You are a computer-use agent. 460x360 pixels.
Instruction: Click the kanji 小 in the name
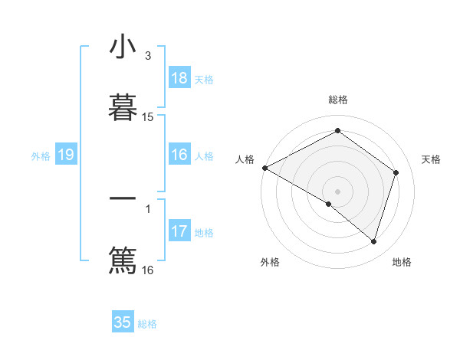click(123, 47)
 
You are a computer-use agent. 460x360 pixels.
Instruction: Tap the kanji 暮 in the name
click(123, 108)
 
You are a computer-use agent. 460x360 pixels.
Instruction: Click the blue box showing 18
click(179, 78)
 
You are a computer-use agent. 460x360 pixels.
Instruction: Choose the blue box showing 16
click(179, 155)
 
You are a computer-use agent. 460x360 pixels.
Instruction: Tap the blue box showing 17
click(179, 231)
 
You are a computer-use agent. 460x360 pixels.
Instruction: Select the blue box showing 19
click(66, 155)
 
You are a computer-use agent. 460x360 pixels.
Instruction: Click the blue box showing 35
click(123, 322)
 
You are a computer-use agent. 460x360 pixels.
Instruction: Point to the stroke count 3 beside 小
click(148, 56)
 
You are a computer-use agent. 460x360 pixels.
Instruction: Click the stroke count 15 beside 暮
click(148, 117)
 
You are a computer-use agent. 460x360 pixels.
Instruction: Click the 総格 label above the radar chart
click(338, 100)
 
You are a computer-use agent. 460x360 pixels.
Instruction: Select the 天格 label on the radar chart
click(432, 159)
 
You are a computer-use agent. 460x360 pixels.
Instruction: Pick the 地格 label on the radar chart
click(402, 262)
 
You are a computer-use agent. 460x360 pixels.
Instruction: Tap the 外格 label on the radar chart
click(270, 262)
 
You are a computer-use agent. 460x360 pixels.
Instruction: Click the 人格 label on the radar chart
click(245, 159)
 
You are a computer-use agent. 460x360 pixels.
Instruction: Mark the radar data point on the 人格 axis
click(264, 168)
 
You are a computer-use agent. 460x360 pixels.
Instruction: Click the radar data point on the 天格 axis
click(396, 172)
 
